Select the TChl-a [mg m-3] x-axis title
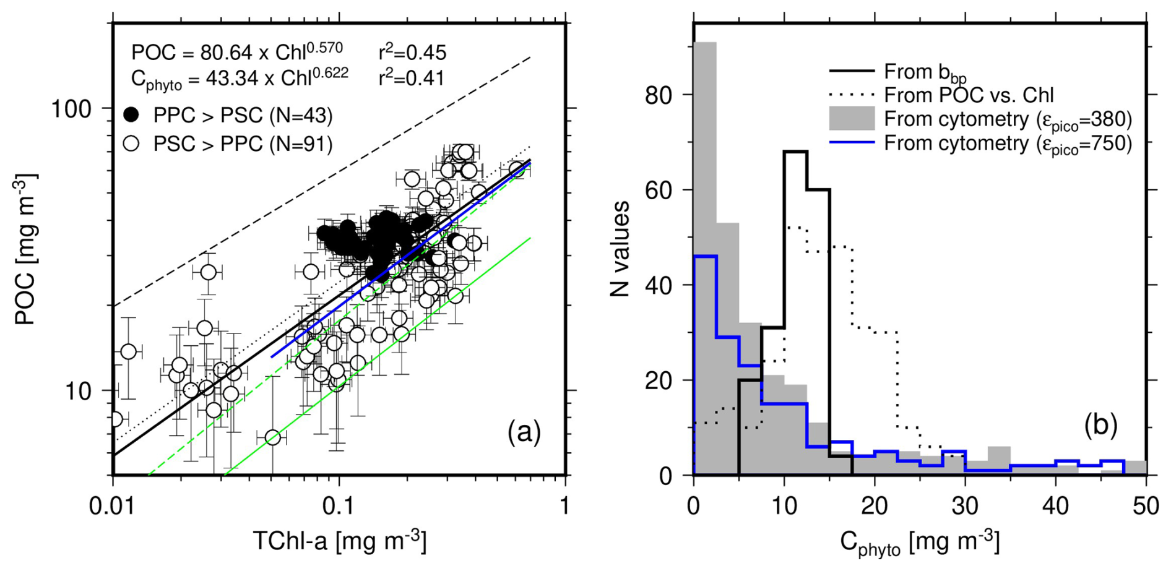click(339, 541)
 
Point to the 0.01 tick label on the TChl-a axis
click(113, 507)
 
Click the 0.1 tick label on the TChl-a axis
click(339, 507)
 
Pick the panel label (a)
click(524, 431)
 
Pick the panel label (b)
click(1100, 425)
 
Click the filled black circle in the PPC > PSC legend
click(131, 115)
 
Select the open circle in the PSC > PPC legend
click(131, 144)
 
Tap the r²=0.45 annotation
click(412, 53)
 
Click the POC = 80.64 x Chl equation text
click(237, 52)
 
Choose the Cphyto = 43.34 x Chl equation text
click(240, 79)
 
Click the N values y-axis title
click(620, 249)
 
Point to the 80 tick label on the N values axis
click(658, 95)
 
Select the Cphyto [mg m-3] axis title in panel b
click(920, 543)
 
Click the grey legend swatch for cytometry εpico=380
click(852, 118)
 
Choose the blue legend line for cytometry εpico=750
click(852, 143)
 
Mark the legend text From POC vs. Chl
click(969, 95)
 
